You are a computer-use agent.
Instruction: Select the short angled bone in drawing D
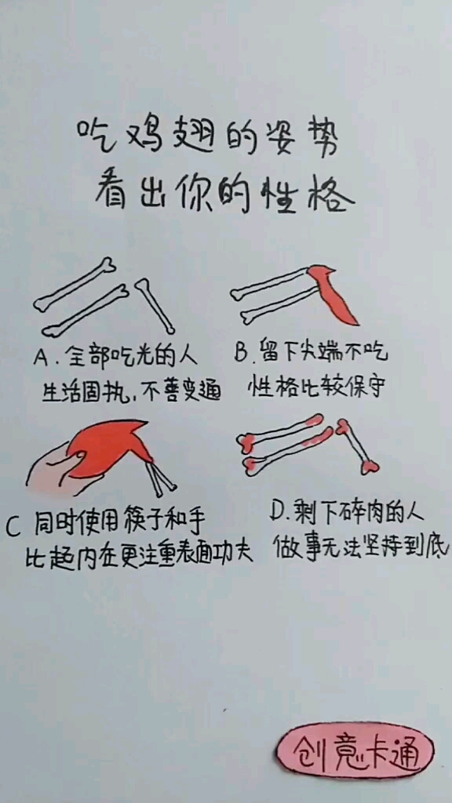tap(357, 447)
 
